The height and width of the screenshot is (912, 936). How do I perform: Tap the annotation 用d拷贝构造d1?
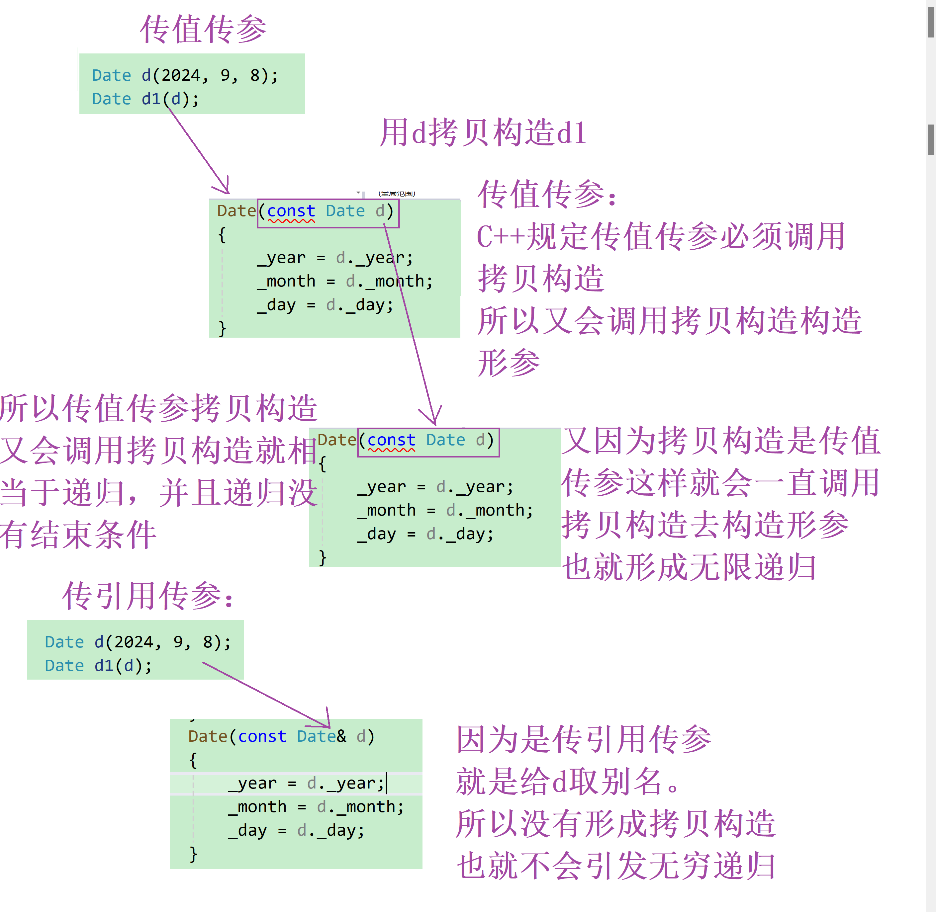coord(483,133)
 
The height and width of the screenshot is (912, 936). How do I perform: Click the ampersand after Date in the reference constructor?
coord(341,736)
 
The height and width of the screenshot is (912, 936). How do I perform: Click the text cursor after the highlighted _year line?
coord(387,783)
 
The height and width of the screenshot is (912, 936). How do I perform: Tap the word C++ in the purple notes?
coord(500,237)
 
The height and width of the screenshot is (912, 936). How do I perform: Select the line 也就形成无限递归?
coord(689,567)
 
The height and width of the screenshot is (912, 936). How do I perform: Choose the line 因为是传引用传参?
coord(584,739)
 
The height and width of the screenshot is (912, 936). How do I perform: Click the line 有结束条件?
coord(78,535)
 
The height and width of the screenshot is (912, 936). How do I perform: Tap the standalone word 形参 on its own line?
coord(509,363)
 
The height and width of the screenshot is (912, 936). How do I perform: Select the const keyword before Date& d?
coord(262,736)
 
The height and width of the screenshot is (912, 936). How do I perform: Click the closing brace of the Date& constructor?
coord(193,854)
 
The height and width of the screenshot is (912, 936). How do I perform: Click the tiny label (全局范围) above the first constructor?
coord(397,194)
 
